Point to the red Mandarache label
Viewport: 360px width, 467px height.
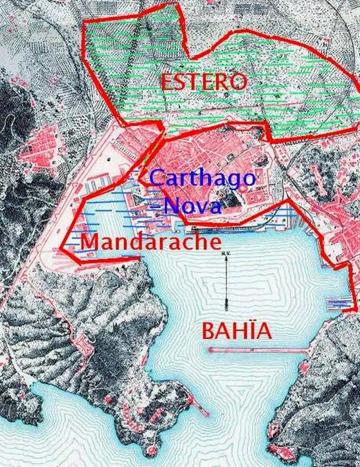coord(150,242)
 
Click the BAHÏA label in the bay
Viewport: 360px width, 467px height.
coord(236,331)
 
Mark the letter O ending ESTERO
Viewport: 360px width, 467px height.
coord(237,82)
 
